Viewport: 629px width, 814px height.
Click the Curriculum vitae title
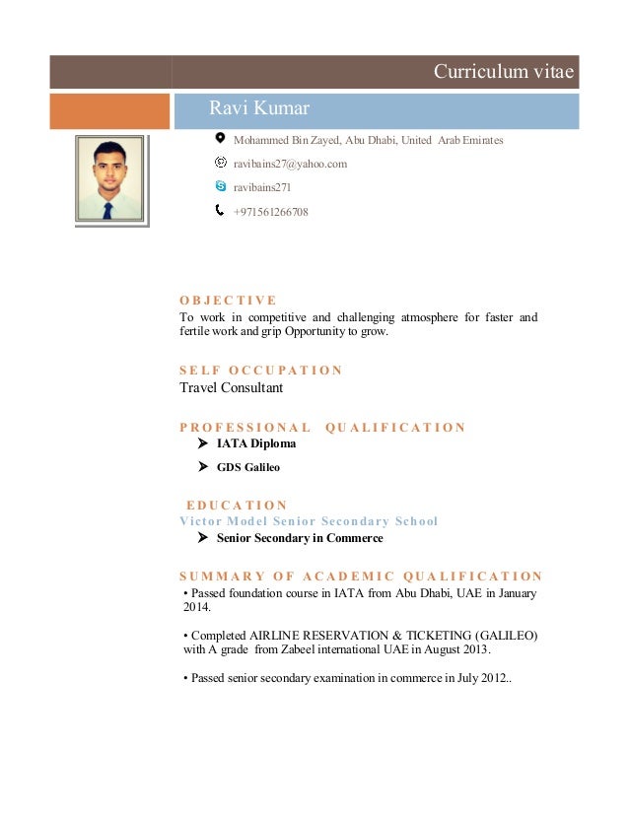505,72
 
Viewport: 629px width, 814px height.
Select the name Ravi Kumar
259,107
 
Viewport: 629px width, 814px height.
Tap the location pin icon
220,139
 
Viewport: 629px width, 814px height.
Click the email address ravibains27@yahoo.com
290,164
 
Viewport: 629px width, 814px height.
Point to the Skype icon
220,185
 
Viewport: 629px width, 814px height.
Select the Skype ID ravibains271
261,187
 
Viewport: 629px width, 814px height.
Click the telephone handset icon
220,210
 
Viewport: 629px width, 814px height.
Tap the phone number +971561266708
270,211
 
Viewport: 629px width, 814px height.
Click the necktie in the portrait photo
107,209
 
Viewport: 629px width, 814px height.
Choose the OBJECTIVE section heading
228,301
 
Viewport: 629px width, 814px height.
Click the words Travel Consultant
231,387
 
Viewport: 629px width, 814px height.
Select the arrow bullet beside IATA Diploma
203,443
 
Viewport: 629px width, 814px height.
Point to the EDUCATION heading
237,506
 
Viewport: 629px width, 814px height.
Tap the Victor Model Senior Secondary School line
309,520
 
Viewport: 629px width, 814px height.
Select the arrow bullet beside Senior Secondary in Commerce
203,538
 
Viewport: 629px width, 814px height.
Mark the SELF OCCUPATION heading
260,371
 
